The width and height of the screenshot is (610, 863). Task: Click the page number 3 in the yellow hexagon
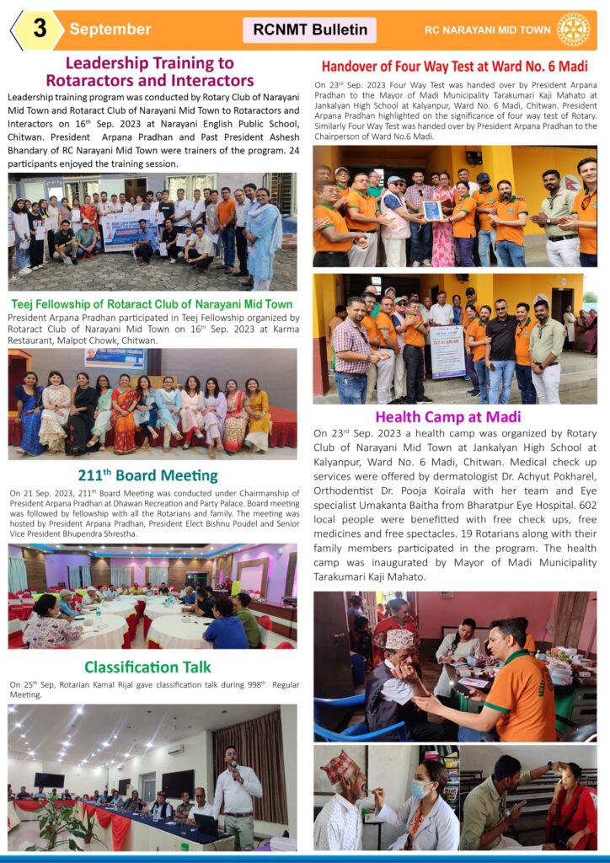(x=39, y=29)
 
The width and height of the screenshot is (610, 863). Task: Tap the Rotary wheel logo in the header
(x=574, y=29)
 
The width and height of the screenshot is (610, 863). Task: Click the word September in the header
(x=110, y=29)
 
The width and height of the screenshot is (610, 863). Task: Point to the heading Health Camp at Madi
(x=447, y=416)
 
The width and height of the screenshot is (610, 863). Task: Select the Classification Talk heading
(x=147, y=667)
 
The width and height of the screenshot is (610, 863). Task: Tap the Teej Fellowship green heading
(x=152, y=303)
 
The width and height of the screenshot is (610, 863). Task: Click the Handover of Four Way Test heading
(x=455, y=67)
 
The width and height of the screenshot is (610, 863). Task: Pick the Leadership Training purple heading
(x=149, y=72)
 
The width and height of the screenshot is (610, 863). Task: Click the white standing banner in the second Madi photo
(x=447, y=351)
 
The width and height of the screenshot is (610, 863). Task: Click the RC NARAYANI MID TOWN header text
(x=488, y=29)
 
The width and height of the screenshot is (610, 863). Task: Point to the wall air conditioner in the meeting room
(x=175, y=748)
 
